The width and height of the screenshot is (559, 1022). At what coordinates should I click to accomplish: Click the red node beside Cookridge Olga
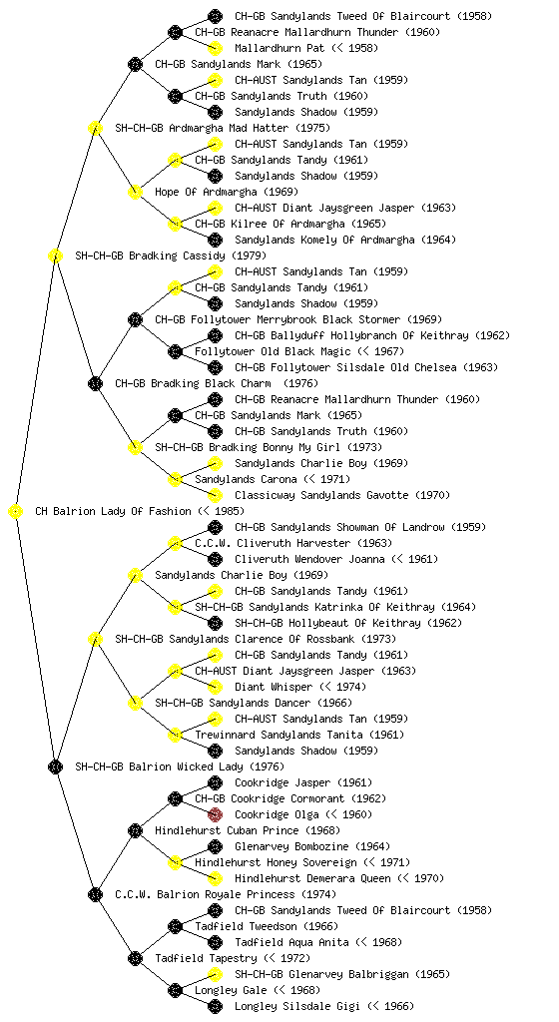215,814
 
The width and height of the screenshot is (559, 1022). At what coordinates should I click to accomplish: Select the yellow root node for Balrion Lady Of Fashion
16,512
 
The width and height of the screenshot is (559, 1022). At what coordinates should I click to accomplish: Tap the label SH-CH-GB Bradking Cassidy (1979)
171,256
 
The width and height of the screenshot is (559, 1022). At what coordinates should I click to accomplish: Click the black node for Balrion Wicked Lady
55,767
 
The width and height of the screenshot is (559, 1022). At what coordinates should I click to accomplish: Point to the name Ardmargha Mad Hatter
229,129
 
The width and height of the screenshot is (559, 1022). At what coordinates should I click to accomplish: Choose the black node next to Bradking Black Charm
95,384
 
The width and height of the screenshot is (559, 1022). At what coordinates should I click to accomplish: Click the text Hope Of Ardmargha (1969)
227,193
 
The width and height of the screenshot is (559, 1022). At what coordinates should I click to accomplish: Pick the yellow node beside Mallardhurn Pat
215,48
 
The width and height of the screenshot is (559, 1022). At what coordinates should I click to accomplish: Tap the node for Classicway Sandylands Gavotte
215,495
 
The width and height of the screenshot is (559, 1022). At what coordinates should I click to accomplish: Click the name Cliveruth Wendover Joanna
309,559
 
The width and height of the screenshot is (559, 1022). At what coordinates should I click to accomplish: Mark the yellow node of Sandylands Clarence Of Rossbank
95,640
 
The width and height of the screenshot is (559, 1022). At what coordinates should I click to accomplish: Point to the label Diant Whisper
274,687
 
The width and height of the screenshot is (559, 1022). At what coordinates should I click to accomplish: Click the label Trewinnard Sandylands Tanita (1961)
299,736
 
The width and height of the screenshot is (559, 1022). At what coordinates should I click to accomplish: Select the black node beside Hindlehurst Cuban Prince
135,831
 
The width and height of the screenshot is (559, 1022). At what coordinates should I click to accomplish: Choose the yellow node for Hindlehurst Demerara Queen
215,878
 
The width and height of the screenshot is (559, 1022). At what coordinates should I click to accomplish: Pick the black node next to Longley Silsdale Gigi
215,1006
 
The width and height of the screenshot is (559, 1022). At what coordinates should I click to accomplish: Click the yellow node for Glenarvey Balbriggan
215,974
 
